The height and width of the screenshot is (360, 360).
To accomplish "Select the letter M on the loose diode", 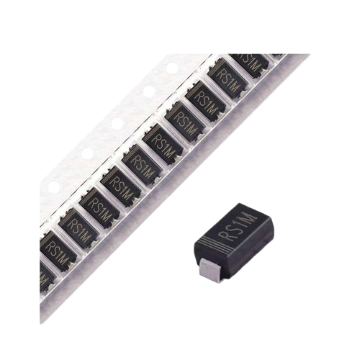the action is pos(249,218).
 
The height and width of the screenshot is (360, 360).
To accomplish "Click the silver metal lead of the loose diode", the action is pos(210,269).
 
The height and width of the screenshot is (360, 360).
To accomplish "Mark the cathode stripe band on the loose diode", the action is pos(210,243).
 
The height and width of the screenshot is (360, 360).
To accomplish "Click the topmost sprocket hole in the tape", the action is pos(172,68).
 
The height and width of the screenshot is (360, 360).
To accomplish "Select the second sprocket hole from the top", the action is pos(149,91).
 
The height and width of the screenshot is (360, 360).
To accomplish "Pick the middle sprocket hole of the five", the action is pos(117,124).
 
